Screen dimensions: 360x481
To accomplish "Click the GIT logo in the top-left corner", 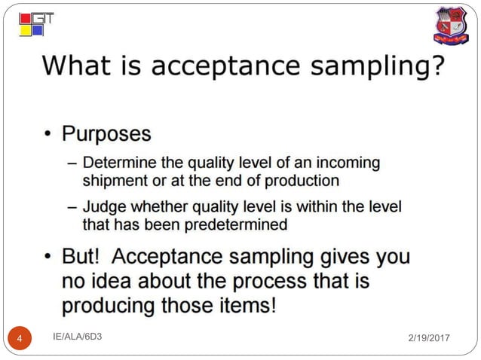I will pyautogui.click(x=35, y=24).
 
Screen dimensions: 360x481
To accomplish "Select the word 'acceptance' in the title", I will pyautogui.click(x=227, y=67).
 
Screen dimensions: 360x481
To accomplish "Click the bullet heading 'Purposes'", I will pyautogui.click(x=106, y=134).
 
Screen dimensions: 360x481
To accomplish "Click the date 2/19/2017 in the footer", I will pyautogui.click(x=426, y=340).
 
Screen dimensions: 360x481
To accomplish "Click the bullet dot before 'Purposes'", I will pyautogui.click(x=47, y=136).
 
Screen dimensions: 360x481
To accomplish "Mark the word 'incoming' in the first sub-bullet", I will pyautogui.click(x=352, y=163).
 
